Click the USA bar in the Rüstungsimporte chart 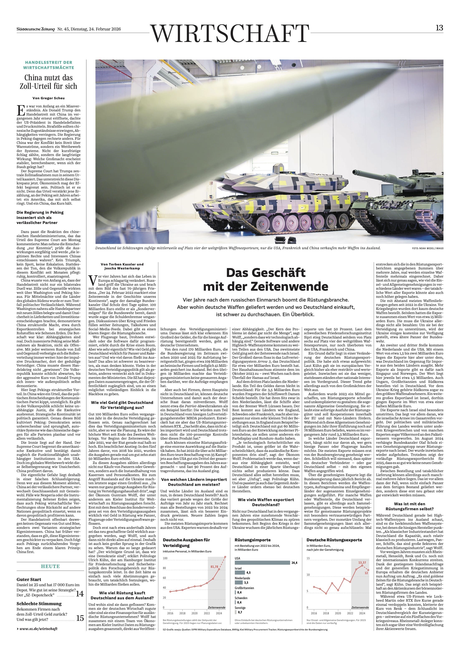pos(262,563)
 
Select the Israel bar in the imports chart pos(240,572)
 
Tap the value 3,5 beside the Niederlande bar pos(246,583)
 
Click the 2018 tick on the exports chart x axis pos(326,613)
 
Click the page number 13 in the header pos(439,28)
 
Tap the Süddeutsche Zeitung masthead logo pos(35,29)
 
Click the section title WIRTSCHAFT pos(230,33)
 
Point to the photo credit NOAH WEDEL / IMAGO pos(427,248)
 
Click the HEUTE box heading pos(50,566)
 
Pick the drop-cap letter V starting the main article pos(92,280)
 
